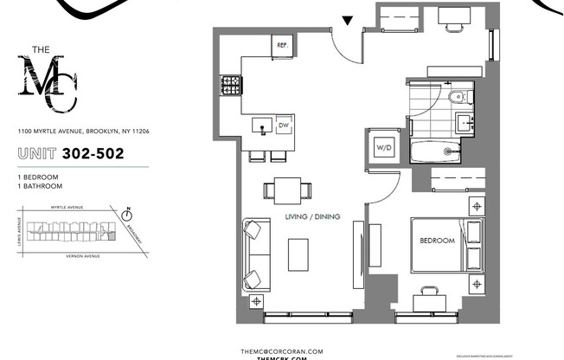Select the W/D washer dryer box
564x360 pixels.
(x=383, y=148)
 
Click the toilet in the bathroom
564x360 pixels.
(x=457, y=96)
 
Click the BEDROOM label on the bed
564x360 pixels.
(x=438, y=240)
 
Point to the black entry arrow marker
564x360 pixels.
(x=347, y=20)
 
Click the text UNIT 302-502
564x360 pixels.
(x=70, y=154)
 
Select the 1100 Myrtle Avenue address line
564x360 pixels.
(x=84, y=132)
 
